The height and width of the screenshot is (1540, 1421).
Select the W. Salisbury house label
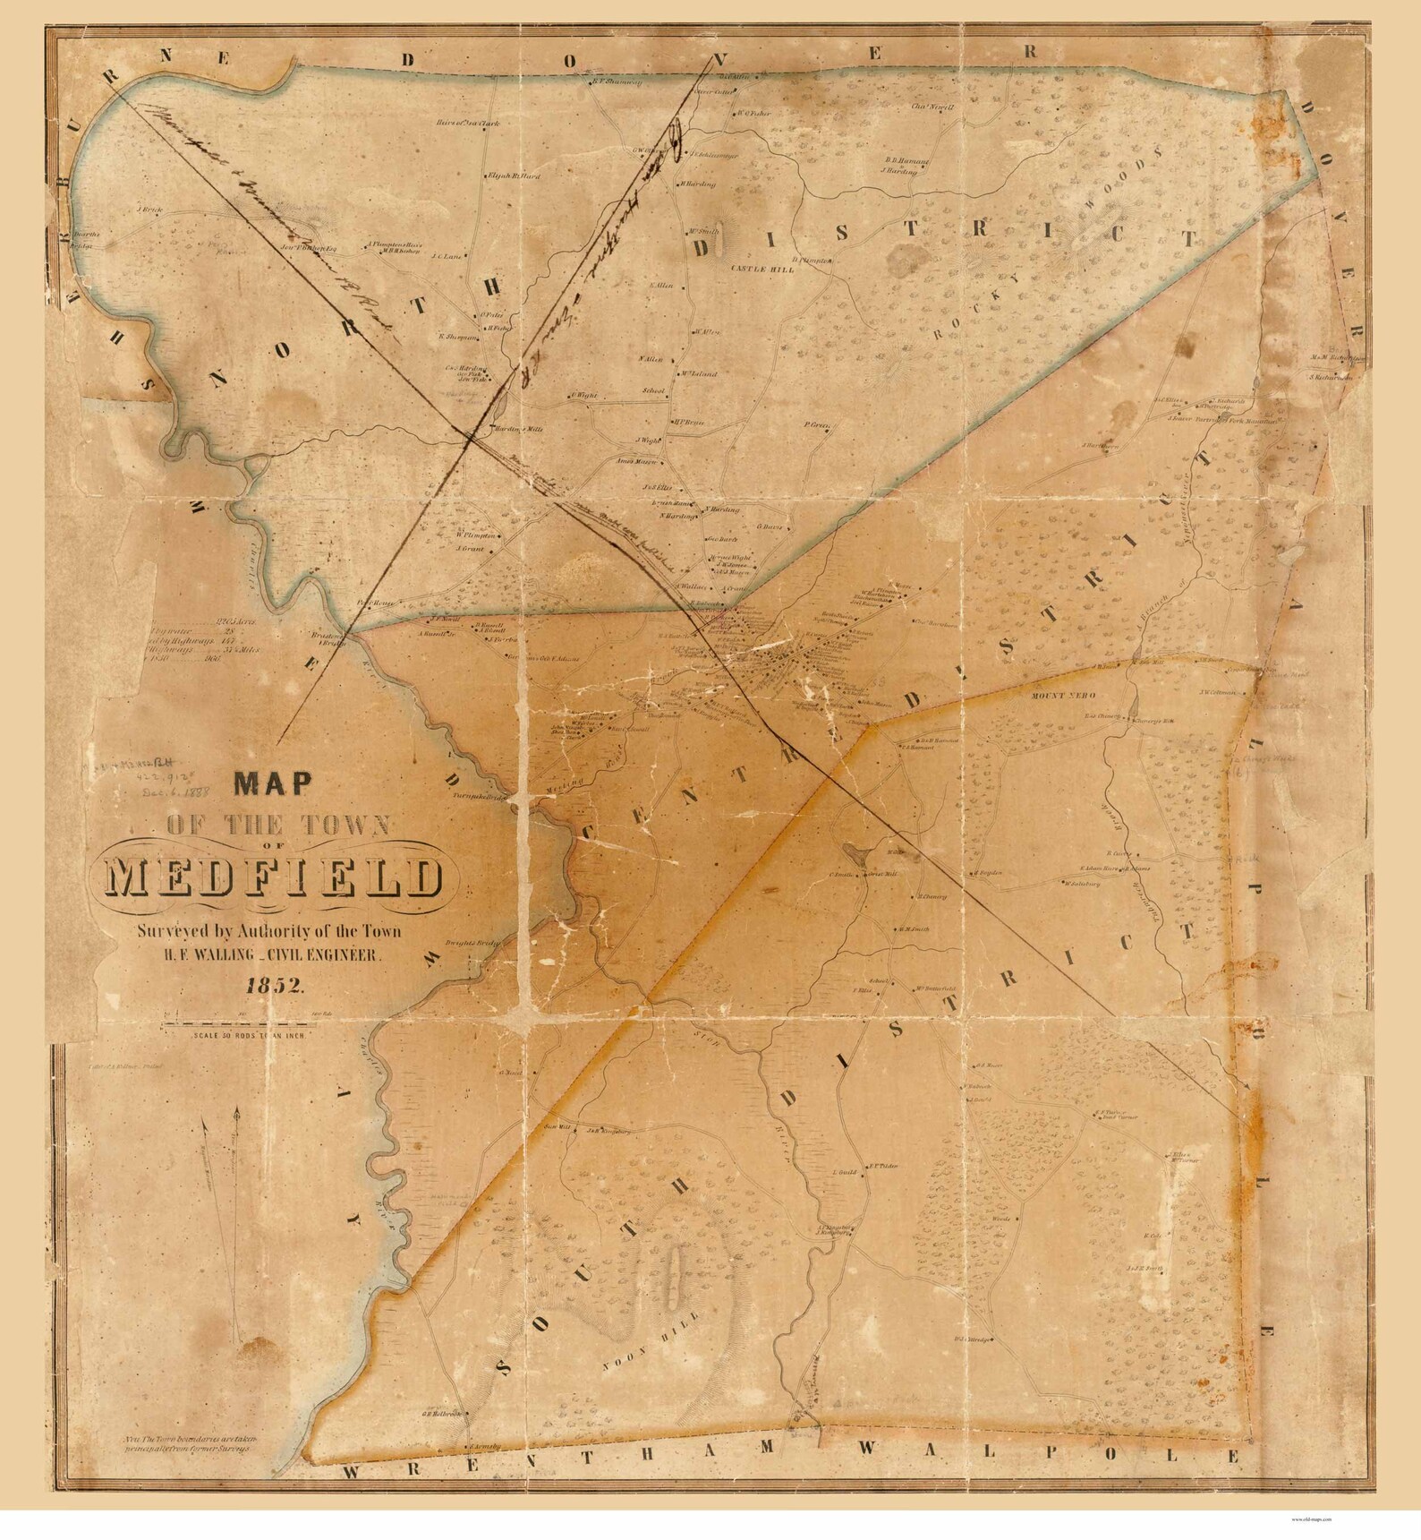coord(1080,884)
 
